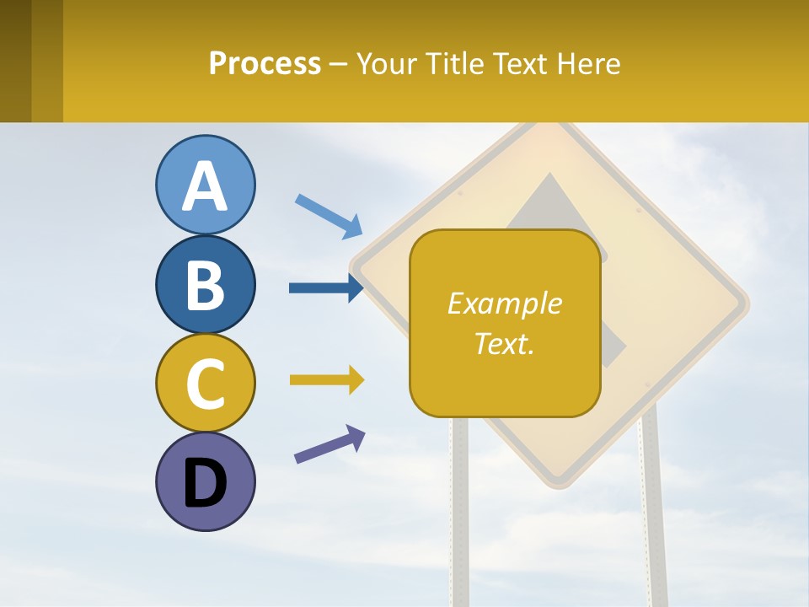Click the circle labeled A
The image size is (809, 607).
coord(205,185)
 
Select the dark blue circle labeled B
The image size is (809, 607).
coord(205,284)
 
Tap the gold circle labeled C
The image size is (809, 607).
coord(205,383)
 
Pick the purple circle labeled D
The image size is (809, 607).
coord(205,481)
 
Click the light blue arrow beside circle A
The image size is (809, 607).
coord(328,216)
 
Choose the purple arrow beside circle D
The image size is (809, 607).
coord(329,443)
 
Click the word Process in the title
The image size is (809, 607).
coord(265,64)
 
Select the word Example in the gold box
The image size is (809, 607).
coord(504,303)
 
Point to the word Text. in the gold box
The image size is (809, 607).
coord(504,343)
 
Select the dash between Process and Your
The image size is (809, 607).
coord(339,65)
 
